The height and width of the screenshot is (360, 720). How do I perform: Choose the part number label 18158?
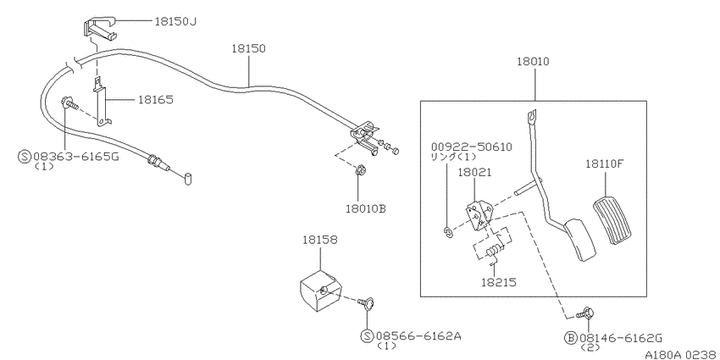319,241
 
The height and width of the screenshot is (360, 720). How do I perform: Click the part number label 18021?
475,172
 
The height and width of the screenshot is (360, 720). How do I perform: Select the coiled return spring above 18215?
494,250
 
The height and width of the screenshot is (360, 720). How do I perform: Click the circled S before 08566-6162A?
367,336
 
